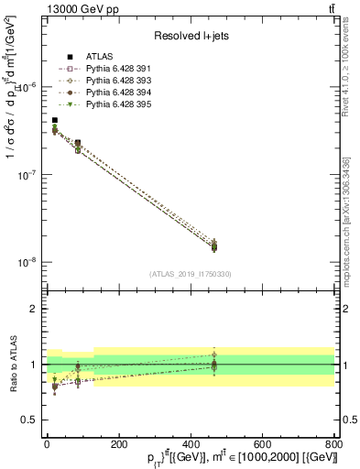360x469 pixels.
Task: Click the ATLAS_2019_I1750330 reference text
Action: click(190, 274)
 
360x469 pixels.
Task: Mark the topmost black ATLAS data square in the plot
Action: click(55, 120)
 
